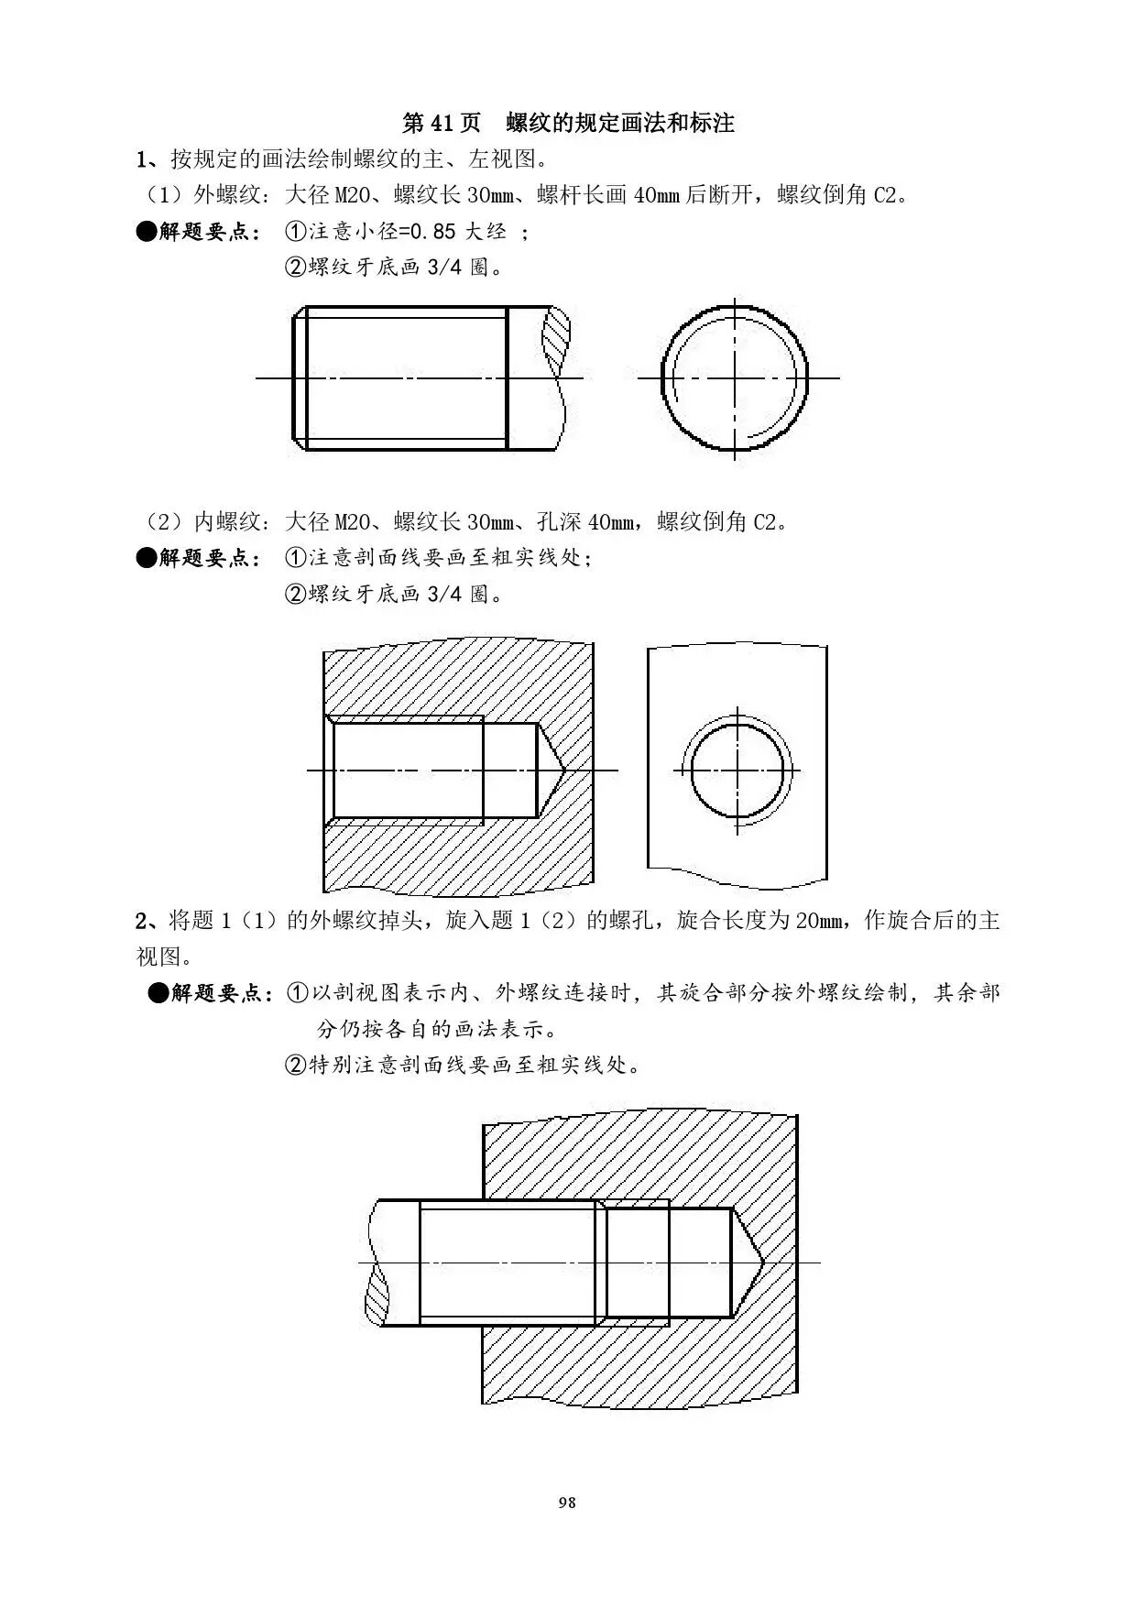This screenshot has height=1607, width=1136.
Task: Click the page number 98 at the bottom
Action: [567, 1502]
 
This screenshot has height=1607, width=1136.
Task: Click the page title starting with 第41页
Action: [568, 123]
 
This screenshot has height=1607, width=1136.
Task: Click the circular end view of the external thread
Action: [735, 377]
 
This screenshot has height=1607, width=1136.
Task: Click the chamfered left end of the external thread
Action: [299, 377]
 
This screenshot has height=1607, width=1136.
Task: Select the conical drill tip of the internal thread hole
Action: [549, 770]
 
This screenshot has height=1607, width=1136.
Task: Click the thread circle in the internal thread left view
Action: [737, 770]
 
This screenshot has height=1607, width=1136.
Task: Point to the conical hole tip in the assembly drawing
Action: [747, 1263]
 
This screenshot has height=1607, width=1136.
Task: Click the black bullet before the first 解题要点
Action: [147, 232]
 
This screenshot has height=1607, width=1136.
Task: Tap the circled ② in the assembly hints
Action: [296, 1066]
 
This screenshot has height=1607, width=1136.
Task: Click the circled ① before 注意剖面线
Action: [296, 558]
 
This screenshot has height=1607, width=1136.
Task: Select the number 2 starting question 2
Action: [142, 920]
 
